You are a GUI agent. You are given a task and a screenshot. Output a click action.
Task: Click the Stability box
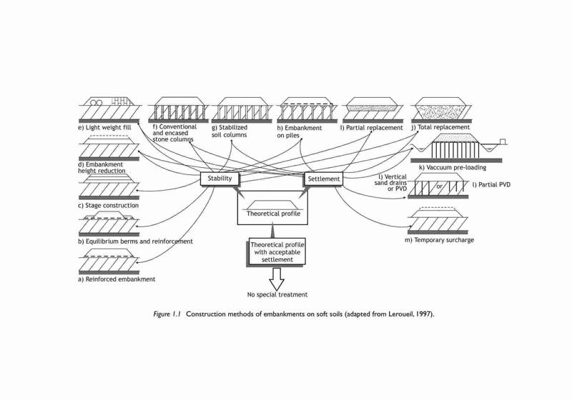click(220, 179)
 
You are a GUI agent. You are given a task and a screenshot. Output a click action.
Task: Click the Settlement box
click(324, 179)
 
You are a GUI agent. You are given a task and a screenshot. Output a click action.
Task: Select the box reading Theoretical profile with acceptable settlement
click(277, 252)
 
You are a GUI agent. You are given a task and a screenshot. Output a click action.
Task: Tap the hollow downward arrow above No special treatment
click(277, 279)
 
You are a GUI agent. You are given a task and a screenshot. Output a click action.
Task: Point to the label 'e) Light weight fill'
click(104, 128)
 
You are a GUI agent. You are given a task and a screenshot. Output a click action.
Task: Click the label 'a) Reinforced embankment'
click(117, 279)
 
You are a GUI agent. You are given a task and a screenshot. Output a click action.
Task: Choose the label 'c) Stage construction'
click(109, 206)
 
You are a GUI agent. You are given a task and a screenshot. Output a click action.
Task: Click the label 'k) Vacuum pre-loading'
click(453, 168)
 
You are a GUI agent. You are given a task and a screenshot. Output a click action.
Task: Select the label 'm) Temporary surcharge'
click(439, 240)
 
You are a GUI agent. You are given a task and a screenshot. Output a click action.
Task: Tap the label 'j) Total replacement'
click(440, 128)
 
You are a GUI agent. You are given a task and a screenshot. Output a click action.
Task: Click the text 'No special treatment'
click(277, 295)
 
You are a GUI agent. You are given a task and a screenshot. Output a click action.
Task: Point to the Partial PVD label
click(491, 185)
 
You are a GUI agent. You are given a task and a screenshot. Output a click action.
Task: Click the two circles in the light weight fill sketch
click(96, 102)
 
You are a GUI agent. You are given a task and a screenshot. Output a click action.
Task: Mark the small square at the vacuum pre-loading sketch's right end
click(503, 141)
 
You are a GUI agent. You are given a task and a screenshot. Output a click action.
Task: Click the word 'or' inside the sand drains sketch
click(439, 186)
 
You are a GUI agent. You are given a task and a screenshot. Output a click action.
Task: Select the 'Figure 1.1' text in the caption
click(167, 314)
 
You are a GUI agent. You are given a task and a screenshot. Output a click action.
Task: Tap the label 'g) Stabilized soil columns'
click(230, 131)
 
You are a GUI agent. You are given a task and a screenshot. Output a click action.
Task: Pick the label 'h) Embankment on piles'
click(300, 132)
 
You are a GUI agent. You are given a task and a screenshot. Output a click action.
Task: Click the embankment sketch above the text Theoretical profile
click(272, 205)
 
